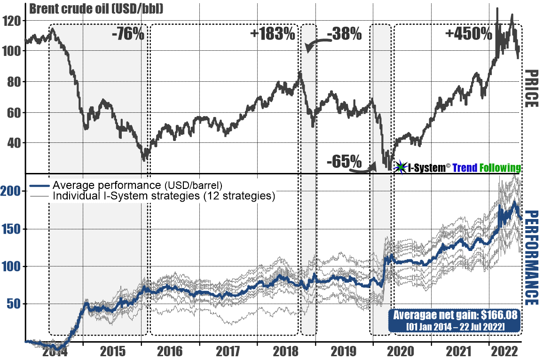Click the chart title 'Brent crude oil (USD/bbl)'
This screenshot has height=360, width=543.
pos(96,9)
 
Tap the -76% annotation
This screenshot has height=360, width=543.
pos(127,34)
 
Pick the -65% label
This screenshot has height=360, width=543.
pos(345,162)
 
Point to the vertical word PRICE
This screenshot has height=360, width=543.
pos(531,88)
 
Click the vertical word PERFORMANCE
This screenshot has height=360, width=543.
pos(531,258)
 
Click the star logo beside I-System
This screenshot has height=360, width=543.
pos(400,167)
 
